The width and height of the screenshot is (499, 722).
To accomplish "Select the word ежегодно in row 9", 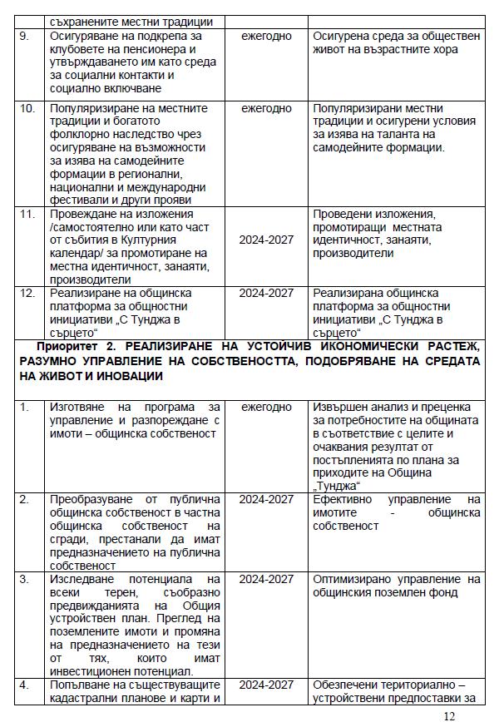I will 266,37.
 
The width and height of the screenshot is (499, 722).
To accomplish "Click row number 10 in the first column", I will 27,109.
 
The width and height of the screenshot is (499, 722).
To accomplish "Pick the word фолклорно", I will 77,135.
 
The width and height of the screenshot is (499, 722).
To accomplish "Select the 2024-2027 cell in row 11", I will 266,240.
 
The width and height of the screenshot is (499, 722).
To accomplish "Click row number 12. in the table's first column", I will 27,294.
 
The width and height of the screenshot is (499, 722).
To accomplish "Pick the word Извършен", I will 340,407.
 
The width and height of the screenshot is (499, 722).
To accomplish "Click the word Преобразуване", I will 94,499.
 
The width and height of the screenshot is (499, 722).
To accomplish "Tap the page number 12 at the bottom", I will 449,715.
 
